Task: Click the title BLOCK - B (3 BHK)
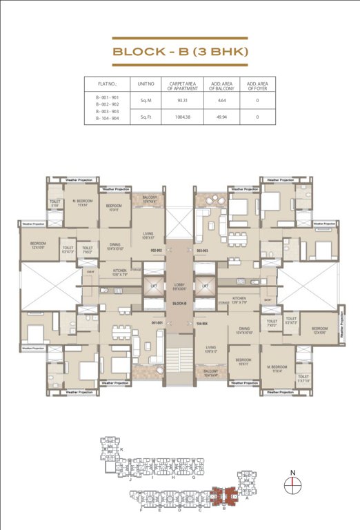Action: point(179,52)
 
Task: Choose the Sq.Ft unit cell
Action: point(146,117)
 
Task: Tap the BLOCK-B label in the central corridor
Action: point(179,303)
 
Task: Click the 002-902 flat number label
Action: point(156,251)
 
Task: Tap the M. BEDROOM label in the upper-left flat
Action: point(83,204)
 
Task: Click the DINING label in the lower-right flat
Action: point(245,330)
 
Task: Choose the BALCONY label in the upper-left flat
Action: point(150,199)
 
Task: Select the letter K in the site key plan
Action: point(121,449)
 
